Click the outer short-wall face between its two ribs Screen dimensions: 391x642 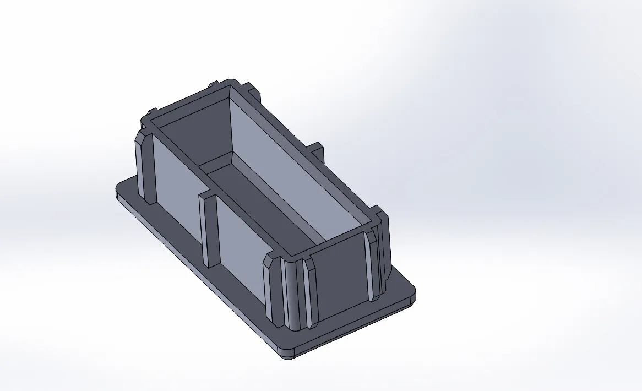(339, 275)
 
